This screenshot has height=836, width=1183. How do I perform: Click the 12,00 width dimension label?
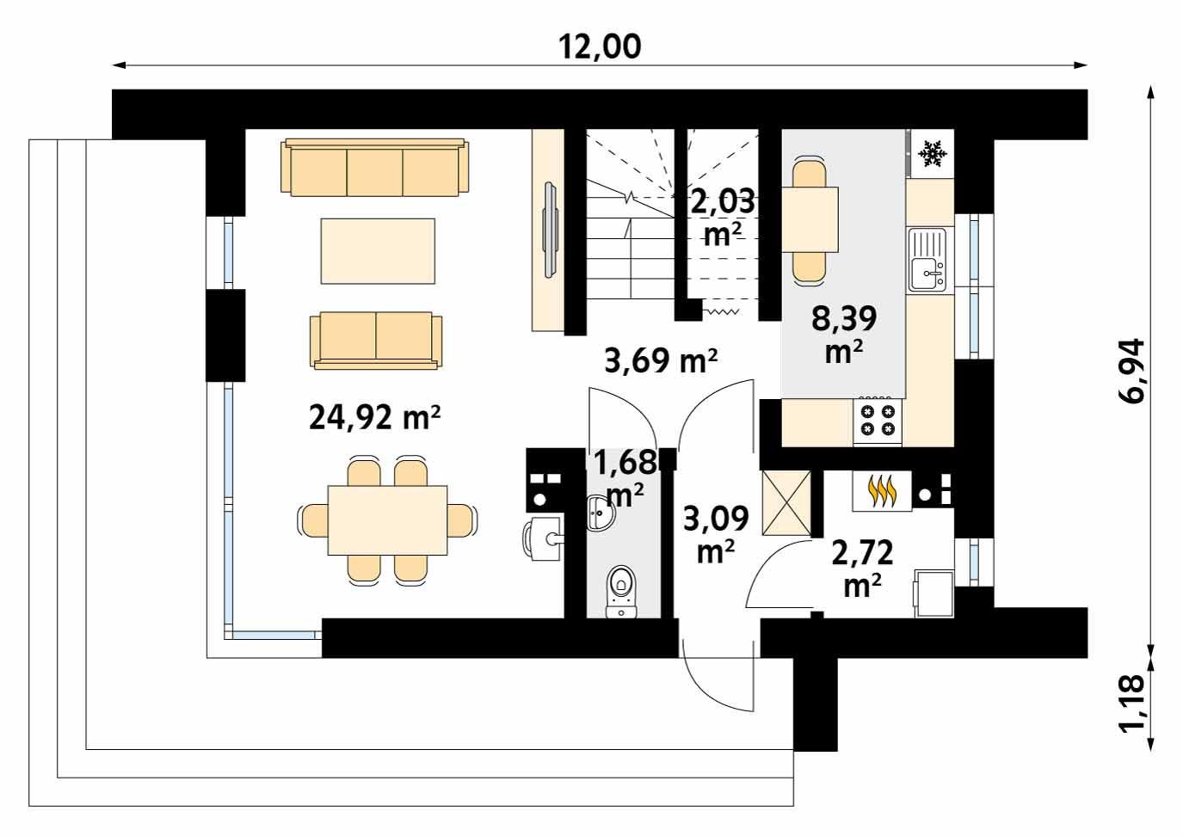[600, 46]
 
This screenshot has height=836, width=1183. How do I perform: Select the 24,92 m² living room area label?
[374, 416]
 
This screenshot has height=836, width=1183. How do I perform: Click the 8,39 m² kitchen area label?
[844, 334]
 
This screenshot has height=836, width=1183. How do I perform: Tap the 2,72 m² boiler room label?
[862, 568]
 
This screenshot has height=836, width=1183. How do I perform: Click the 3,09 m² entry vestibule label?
[716, 534]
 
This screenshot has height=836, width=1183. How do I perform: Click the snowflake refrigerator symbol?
[933, 154]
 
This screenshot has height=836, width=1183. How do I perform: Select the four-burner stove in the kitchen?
[878, 421]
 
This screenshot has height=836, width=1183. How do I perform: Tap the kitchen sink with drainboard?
[927, 259]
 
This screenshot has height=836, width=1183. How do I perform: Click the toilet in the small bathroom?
[621, 592]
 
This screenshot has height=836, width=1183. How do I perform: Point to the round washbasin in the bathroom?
[601, 512]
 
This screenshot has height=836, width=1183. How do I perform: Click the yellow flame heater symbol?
[881, 492]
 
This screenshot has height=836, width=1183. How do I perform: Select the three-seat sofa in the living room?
[374, 168]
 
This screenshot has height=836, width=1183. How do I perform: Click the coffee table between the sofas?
[378, 251]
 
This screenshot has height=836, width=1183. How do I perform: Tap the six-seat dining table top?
[388, 520]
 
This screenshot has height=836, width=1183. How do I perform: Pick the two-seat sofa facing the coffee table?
[375, 339]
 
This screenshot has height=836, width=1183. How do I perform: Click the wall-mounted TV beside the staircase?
[551, 230]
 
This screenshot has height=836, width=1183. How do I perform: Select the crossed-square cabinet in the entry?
[786, 503]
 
